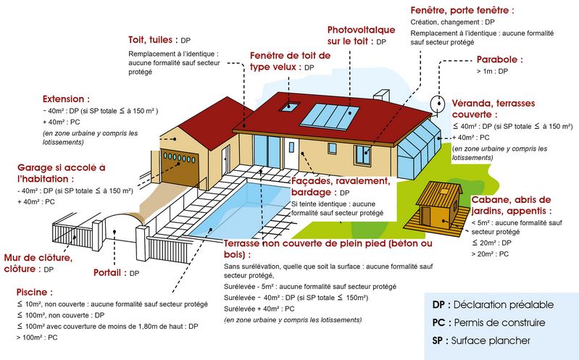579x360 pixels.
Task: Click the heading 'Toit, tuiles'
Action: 150,40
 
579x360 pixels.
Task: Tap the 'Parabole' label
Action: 497,59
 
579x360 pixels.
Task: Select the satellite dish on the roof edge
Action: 438,104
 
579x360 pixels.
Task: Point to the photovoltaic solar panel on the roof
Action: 329,117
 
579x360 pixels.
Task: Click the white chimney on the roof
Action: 381,95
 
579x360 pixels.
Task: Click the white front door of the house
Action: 291,154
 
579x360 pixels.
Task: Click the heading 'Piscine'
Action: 33,292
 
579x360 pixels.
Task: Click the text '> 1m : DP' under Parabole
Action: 492,71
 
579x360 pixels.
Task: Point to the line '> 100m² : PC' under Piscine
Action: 37,338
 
